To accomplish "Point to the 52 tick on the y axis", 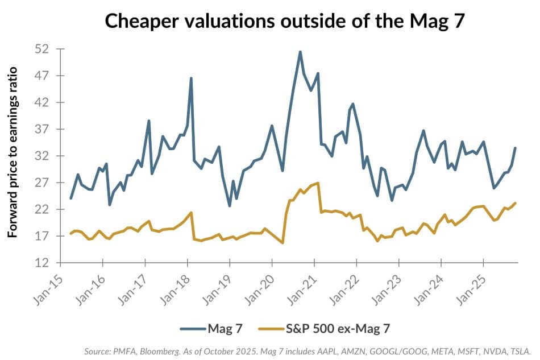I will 44,49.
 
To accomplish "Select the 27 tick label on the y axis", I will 44,183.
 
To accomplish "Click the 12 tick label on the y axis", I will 44,263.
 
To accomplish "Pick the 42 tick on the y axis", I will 44,103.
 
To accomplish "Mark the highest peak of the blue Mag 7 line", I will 300,52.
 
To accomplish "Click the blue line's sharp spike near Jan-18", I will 191,78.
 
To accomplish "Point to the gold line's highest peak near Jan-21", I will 318,183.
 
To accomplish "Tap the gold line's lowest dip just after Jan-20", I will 283,243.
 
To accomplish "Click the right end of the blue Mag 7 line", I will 515,148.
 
